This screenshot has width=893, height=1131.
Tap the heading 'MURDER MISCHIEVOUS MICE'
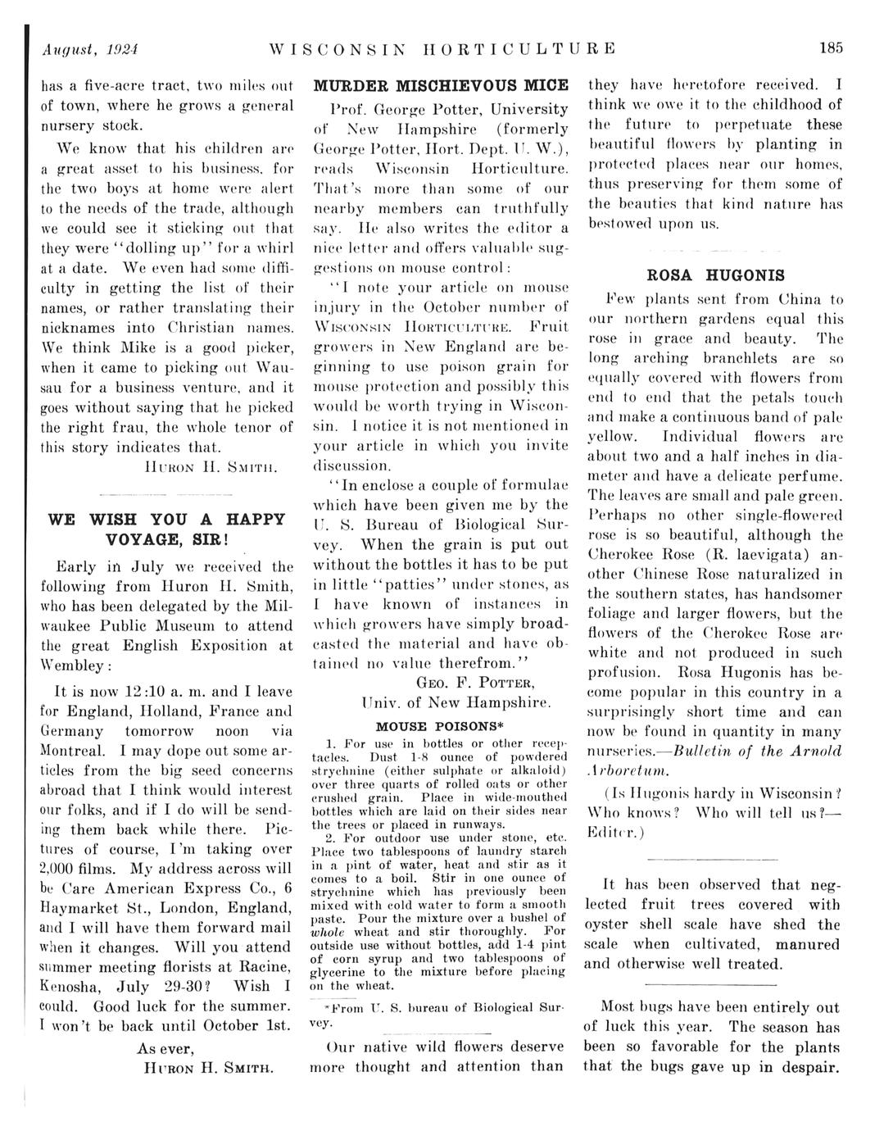point(442,86)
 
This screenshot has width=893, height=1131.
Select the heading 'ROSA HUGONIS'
point(715,275)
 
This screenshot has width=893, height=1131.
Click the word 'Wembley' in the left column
point(73,665)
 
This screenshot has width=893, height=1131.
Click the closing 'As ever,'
point(165,1048)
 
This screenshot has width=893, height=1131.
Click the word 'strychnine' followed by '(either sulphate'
point(342,771)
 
